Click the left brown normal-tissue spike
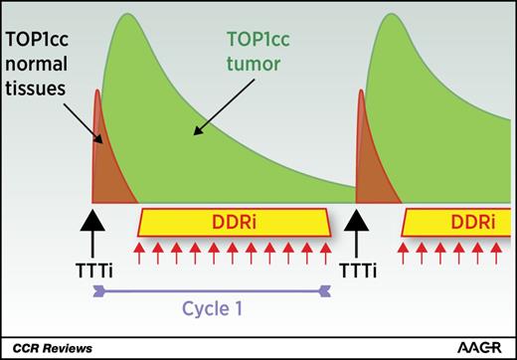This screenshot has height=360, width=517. coord(99,149)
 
